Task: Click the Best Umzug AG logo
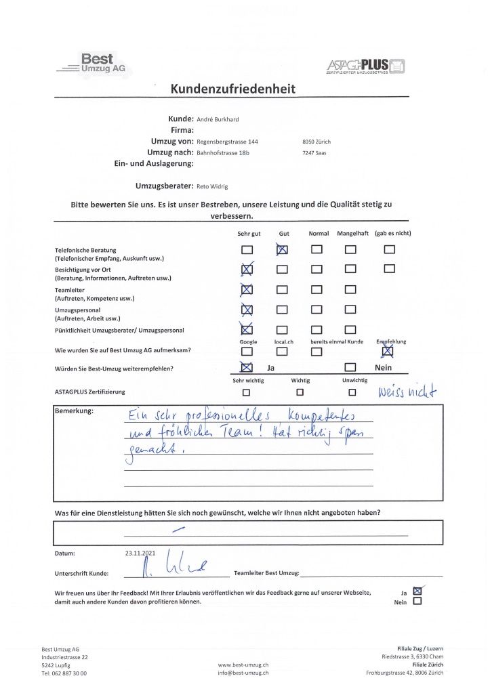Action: point(95,64)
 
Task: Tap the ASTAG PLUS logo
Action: point(366,66)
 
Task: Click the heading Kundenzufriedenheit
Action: point(232,89)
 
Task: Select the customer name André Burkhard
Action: point(218,119)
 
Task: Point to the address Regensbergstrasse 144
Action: point(227,142)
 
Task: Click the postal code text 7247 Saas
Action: point(316,153)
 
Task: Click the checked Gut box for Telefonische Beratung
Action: point(283,249)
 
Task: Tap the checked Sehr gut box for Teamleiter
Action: point(247,290)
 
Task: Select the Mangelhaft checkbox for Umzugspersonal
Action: point(350,310)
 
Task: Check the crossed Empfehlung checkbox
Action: point(388,351)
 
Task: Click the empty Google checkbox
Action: point(247,351)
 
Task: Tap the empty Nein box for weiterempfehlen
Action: point(350,368)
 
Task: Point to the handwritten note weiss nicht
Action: point(407,391)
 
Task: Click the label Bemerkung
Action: point(74,411)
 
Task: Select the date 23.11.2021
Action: point(141,553)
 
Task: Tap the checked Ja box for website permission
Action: point(417,591)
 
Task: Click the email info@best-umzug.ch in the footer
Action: point(243,673)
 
